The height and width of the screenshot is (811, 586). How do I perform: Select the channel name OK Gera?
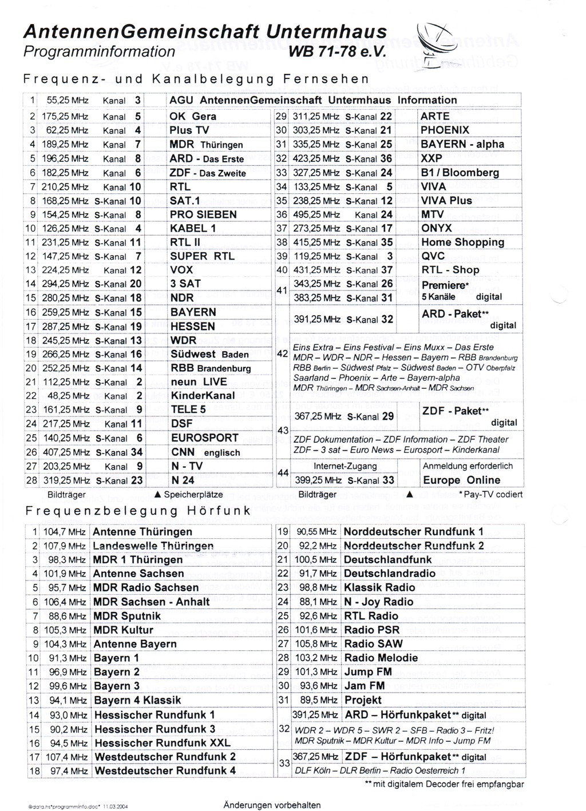point(193,116)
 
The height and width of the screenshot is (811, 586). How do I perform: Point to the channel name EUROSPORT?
point(204,438)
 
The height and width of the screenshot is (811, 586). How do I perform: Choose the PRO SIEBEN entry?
point(203,214)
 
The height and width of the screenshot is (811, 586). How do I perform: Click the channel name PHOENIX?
point(445,130)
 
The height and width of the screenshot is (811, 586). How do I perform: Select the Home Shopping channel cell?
point(463,242)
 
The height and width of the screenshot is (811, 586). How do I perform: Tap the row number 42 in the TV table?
point(282,354)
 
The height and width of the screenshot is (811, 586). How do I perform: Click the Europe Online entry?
point(461,480)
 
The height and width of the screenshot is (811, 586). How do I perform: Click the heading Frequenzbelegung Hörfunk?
point(138,511)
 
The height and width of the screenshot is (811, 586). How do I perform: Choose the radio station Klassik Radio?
point(379,587)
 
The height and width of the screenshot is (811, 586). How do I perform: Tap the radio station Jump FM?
point(368,672)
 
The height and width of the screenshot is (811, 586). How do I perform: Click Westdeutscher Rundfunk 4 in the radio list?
point(165,770)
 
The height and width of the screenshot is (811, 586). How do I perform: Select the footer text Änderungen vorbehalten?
point(272,805)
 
